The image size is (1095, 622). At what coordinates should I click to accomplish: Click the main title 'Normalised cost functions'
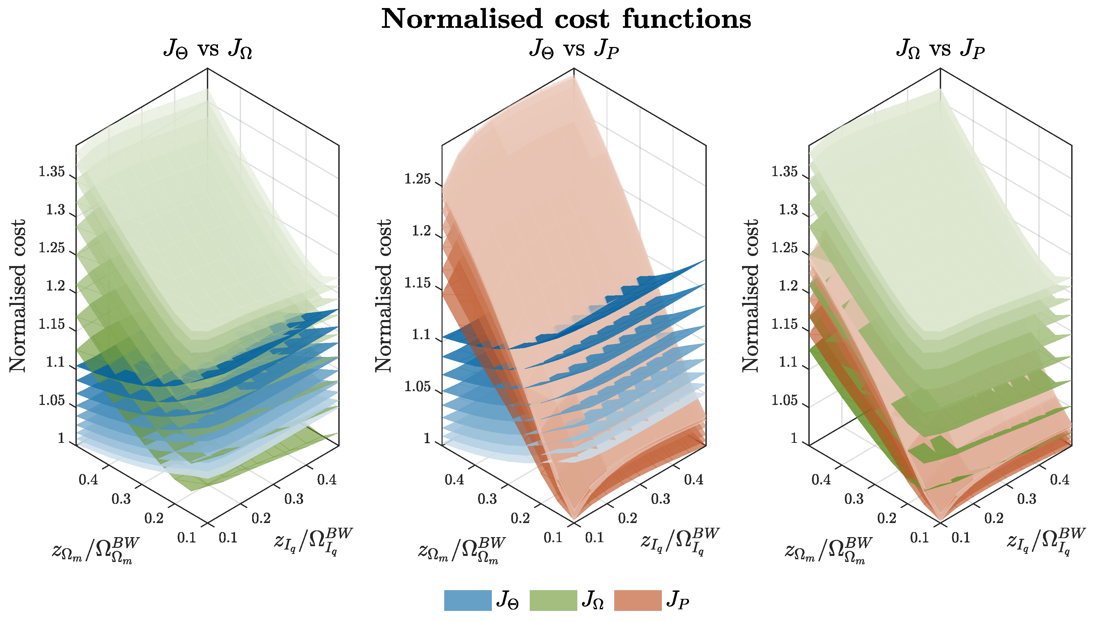point(566,19)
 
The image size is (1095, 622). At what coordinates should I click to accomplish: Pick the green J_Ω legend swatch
point(553,600)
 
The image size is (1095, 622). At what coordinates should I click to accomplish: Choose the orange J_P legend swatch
point(638,600)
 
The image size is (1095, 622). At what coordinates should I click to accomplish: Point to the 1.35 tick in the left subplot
point(52,172)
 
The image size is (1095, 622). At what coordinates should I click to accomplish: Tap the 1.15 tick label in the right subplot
point(784,324)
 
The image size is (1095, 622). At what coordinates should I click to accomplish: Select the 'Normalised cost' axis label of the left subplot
point(18,296)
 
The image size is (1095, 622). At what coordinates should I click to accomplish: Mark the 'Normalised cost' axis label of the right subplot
point(750,296)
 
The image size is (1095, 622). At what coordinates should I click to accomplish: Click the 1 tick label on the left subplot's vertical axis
point(61,438)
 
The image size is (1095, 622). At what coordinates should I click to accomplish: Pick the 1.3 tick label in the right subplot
point(788,210)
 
